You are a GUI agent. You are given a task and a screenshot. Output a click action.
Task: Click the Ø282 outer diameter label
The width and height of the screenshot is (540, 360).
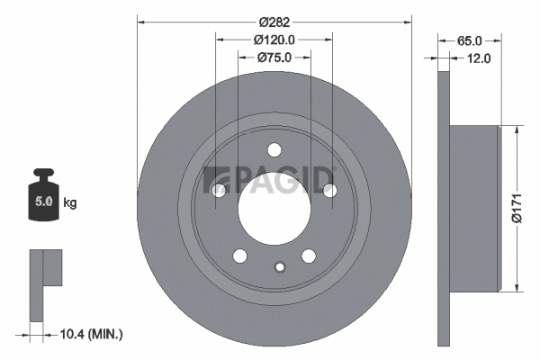[274, 21]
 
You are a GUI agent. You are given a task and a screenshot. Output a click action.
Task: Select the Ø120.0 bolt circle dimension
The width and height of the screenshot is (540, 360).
[274, 40]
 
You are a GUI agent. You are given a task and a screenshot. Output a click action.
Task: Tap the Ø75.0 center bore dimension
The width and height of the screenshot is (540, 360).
[274, 58]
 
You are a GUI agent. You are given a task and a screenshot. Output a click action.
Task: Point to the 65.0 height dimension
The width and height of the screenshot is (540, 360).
[470, 40]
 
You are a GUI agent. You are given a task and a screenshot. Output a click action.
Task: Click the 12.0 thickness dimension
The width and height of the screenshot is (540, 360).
[478, 59]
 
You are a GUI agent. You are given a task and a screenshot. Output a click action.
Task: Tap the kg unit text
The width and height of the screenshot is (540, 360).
[70, 203]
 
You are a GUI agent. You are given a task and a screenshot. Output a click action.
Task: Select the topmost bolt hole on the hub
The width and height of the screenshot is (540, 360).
[274, 150]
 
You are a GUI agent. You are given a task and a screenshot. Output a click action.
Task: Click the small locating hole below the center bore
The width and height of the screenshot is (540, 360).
[280, 265]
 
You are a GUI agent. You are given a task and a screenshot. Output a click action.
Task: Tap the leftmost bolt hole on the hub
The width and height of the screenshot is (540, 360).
[218, 190]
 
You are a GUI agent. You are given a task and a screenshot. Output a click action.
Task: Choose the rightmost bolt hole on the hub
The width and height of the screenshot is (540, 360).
[329, 190]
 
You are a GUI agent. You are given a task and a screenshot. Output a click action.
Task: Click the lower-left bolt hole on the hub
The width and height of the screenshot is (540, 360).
[239, 255]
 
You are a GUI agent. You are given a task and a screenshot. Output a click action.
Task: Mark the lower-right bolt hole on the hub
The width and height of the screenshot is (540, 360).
[308, 255]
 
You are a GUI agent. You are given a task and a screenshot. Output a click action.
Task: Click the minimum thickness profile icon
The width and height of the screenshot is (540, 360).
[44, 283]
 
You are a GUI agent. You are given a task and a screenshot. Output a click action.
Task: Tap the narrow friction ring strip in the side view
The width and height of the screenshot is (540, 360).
[443, 207]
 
